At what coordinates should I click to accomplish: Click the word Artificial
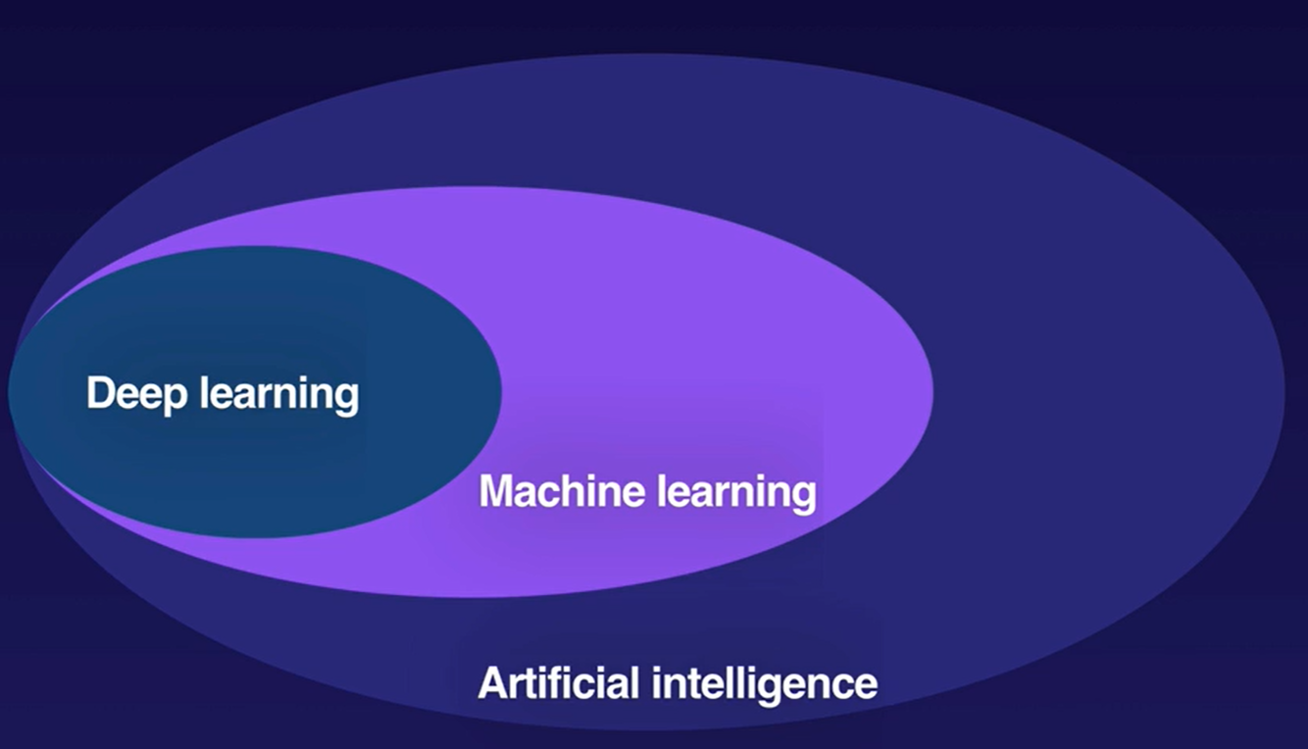[559, 682]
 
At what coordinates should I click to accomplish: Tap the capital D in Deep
[100, 394]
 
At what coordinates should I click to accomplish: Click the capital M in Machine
[496, 491]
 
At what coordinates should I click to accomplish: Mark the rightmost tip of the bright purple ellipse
[931, 392]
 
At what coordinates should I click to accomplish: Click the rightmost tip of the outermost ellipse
[1283, 392]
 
